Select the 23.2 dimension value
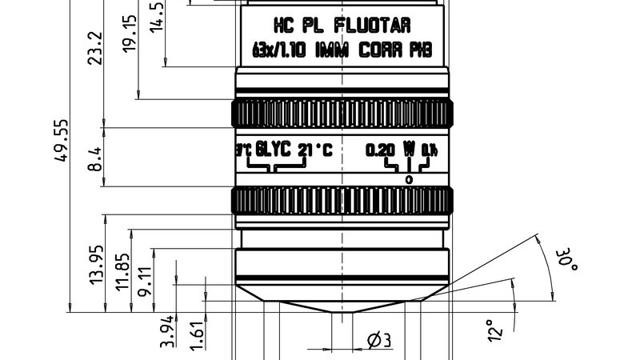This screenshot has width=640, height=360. coord(96,49)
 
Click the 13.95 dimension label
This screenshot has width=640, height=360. coord(96,265)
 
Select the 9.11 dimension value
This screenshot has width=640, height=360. coord(146,282)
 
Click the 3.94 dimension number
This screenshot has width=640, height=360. coord(167,330)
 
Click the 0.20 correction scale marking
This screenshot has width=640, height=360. coord(380,150)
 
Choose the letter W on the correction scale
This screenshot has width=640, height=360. coord(409,149)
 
